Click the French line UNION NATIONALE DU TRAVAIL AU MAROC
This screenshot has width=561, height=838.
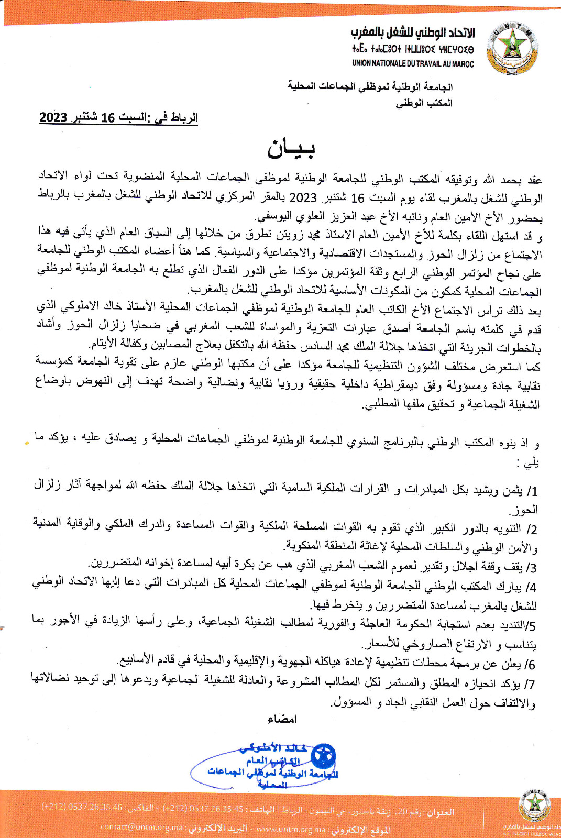pyautogui.click(x=413, y=64)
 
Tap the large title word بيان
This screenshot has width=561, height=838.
pyautogui.click(x=291, y=149)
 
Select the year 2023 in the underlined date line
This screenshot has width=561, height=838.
pyautogui.click(x=53, y=117)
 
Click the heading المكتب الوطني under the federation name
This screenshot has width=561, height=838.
pyautogui.click(x=424, y=103)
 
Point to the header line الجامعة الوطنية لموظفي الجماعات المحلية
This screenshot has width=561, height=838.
pyautogui.click(x=370, y=86)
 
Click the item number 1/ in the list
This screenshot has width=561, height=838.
pyautogui.click(x=532, y=491)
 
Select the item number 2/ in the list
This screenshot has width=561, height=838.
pyautogui.click(x=532, y=529)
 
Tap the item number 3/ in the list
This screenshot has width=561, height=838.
pyautogui.click(x=531, y=567)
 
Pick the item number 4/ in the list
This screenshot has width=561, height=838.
pyautogui.click(x=531, y=587)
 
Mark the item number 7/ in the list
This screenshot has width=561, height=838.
pyautogui.click(x=531, y=684)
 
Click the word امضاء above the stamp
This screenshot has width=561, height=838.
pyautogui.click(x=282, y=719)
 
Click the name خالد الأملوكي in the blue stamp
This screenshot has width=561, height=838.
pyautogui.click(x=273, y=748)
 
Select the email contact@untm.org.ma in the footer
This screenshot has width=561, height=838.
pyautogui.click(x=141, y=827)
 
